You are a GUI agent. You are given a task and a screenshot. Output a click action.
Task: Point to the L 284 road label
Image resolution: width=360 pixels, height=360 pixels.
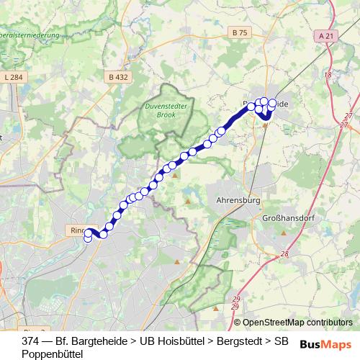[13, 76]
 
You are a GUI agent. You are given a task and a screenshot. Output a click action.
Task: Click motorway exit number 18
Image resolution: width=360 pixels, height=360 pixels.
[328, 75]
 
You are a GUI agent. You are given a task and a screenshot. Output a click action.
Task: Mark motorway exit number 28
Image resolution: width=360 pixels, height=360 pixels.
[285, 253]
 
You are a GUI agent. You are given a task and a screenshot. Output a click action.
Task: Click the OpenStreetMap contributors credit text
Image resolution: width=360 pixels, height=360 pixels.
[297, 323]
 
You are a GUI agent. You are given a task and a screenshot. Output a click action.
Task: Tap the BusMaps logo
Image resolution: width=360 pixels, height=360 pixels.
[326, 343]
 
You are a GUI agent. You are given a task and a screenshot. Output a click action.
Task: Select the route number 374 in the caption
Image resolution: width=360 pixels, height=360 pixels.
[30, 340]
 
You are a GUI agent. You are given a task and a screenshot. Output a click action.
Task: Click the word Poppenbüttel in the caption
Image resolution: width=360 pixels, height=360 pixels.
[53, 354]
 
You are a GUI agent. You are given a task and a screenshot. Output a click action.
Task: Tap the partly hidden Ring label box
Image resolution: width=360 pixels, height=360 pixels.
[77, 230]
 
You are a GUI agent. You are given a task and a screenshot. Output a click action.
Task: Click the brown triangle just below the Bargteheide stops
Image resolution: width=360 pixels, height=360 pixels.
[265, 125]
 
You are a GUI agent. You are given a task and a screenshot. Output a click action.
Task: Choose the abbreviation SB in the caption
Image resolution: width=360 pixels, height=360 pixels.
[283, 340]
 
